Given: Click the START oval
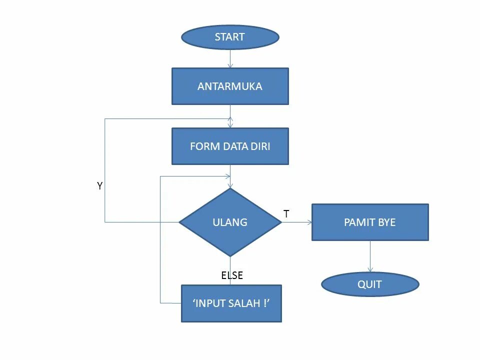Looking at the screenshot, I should (230, 37).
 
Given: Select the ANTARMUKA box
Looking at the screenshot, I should (230, 86).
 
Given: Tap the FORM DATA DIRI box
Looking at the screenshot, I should (230, 146).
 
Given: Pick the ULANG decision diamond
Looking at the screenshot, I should (230, 222).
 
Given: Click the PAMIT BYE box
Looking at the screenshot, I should (370, 222).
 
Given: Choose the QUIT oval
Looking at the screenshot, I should (370, 284).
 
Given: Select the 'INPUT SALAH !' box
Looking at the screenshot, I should (231, 303).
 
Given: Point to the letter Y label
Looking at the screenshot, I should (100, 185).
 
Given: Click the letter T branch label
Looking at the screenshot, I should (286, 213).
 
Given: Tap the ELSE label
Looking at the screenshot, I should (232, 275).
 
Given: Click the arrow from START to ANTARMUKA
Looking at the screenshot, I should (230, 58).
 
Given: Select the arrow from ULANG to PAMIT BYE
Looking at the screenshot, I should (296, 222).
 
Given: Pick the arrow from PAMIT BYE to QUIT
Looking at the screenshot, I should (370, 256).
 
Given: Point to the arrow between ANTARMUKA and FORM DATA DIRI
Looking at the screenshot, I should (230, 116).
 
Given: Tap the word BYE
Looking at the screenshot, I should (386, 222).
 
